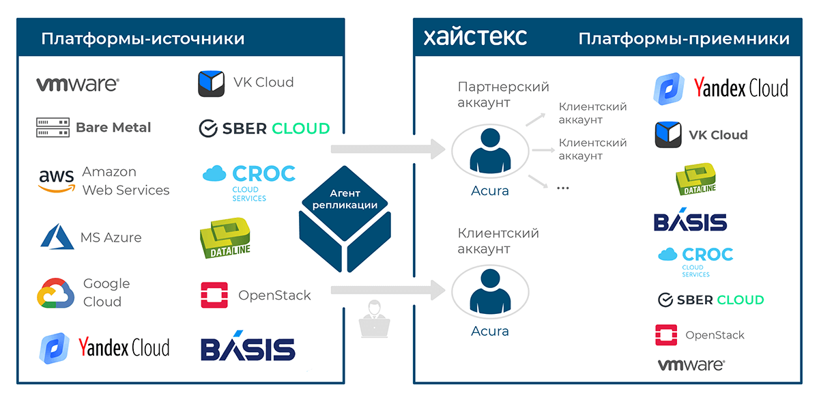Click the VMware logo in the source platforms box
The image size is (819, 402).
coord(78,84)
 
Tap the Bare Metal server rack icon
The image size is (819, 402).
coord(53,128)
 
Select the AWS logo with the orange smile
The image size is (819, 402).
coord(56,181)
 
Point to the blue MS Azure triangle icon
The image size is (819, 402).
coord(57,237)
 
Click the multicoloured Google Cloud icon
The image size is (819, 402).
coord(55,293)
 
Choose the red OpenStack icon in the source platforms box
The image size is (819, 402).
coord(214,295)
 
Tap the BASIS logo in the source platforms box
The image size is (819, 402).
coord(248,345)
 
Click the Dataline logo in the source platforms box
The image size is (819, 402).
coord(225,238)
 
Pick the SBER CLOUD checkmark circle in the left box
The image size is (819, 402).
coord(208,128)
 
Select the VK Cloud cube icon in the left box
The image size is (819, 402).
coord(212,83)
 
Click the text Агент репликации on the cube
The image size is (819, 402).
coord(345,199)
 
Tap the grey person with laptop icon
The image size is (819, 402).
coord(374,319)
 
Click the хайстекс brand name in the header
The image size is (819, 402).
coord(475,37)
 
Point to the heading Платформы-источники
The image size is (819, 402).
coord(143,39)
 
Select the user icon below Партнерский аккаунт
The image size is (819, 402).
coord(490,150)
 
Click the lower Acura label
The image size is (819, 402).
coord(490,331)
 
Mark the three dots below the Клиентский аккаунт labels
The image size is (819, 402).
coord(563,188)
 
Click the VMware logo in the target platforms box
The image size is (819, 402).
coord(691,364)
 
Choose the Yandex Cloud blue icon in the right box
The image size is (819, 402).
coord(669,89)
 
